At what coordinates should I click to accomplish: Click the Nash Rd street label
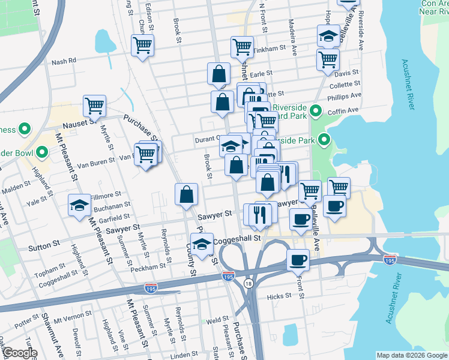click(x=64, y=61)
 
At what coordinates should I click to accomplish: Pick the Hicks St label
click(x=279, y=296)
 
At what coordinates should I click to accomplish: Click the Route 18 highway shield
click(x=249, y=282)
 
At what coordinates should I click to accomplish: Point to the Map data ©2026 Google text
click(x=412, y=355)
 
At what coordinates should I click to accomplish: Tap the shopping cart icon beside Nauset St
click(x=95, y=106)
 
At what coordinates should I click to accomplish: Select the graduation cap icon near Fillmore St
click(x=79, y=206)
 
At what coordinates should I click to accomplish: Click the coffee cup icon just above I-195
click(x=297, y=260)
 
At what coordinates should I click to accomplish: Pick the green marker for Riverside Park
click(x=325, y=142)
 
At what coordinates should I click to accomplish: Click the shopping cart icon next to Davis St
click(x=328, y=59)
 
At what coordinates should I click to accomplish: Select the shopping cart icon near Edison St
click(x=143, y=45)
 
